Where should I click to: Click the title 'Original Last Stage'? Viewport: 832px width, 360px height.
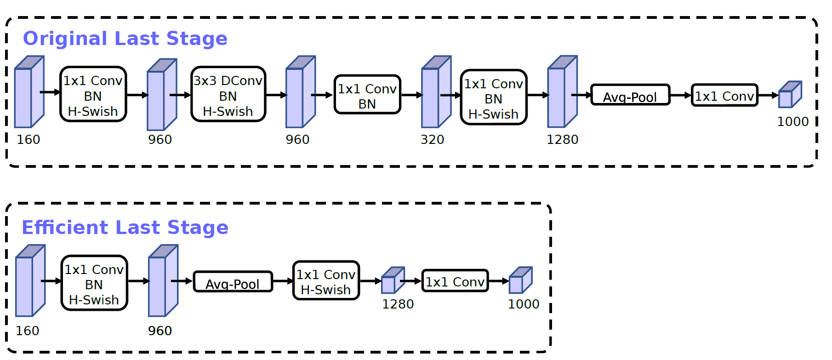[x=125, y=39]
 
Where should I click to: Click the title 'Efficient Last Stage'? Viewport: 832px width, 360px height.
[x=125, y=228]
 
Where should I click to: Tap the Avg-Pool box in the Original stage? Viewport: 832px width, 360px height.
[x=630, y=95]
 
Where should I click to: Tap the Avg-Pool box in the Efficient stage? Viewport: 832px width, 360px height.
[x=233, y=281]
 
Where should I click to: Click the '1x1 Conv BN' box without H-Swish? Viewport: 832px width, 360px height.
[x=367, y=95]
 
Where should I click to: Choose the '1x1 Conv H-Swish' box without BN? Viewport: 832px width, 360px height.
[x=326, y=280]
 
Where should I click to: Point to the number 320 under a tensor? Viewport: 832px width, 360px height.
[x=432, y=140]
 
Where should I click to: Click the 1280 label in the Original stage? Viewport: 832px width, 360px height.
[x=562, y=140]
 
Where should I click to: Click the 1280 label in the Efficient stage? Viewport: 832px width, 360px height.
[x=398, y=304]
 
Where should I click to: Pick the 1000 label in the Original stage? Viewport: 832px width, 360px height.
[x=792, y=122]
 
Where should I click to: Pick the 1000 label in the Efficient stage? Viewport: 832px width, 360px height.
[x=523, y=304]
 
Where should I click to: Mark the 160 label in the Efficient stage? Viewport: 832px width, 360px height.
[x=28, y=331]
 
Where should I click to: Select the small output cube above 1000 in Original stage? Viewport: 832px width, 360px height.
[x=790, y=95]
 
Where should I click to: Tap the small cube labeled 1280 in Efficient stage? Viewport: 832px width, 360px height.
[x=393, y=280]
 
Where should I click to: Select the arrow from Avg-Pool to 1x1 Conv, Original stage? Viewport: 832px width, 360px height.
[x=681, y=95]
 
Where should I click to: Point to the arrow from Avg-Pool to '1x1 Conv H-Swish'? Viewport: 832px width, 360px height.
[x=283, y=281]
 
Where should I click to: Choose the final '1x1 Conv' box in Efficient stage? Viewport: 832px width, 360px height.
[x=455, y=281]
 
